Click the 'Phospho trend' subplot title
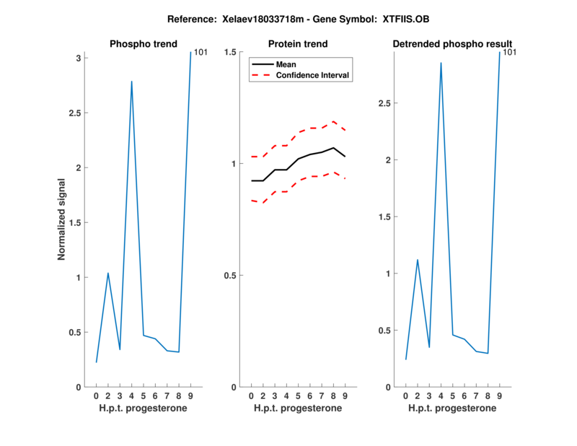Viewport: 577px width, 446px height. [143, 44]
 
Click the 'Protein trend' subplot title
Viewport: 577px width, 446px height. [298, 44]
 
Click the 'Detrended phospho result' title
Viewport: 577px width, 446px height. [452, 44]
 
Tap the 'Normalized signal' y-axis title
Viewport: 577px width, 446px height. [63, 219]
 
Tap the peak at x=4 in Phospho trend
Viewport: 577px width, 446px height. [131, 82]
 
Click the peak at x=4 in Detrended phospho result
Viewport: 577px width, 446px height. [441, 63]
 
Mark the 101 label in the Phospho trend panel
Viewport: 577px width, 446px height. [201, 53]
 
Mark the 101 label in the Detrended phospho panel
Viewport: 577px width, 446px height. [509, 53]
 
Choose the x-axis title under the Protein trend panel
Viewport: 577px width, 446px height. [298, 408]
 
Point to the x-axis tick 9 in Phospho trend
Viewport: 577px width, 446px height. [190, 395]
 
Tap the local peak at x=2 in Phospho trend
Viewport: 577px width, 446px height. [108, 273]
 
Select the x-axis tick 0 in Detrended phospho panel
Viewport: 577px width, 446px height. [405, 395]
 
